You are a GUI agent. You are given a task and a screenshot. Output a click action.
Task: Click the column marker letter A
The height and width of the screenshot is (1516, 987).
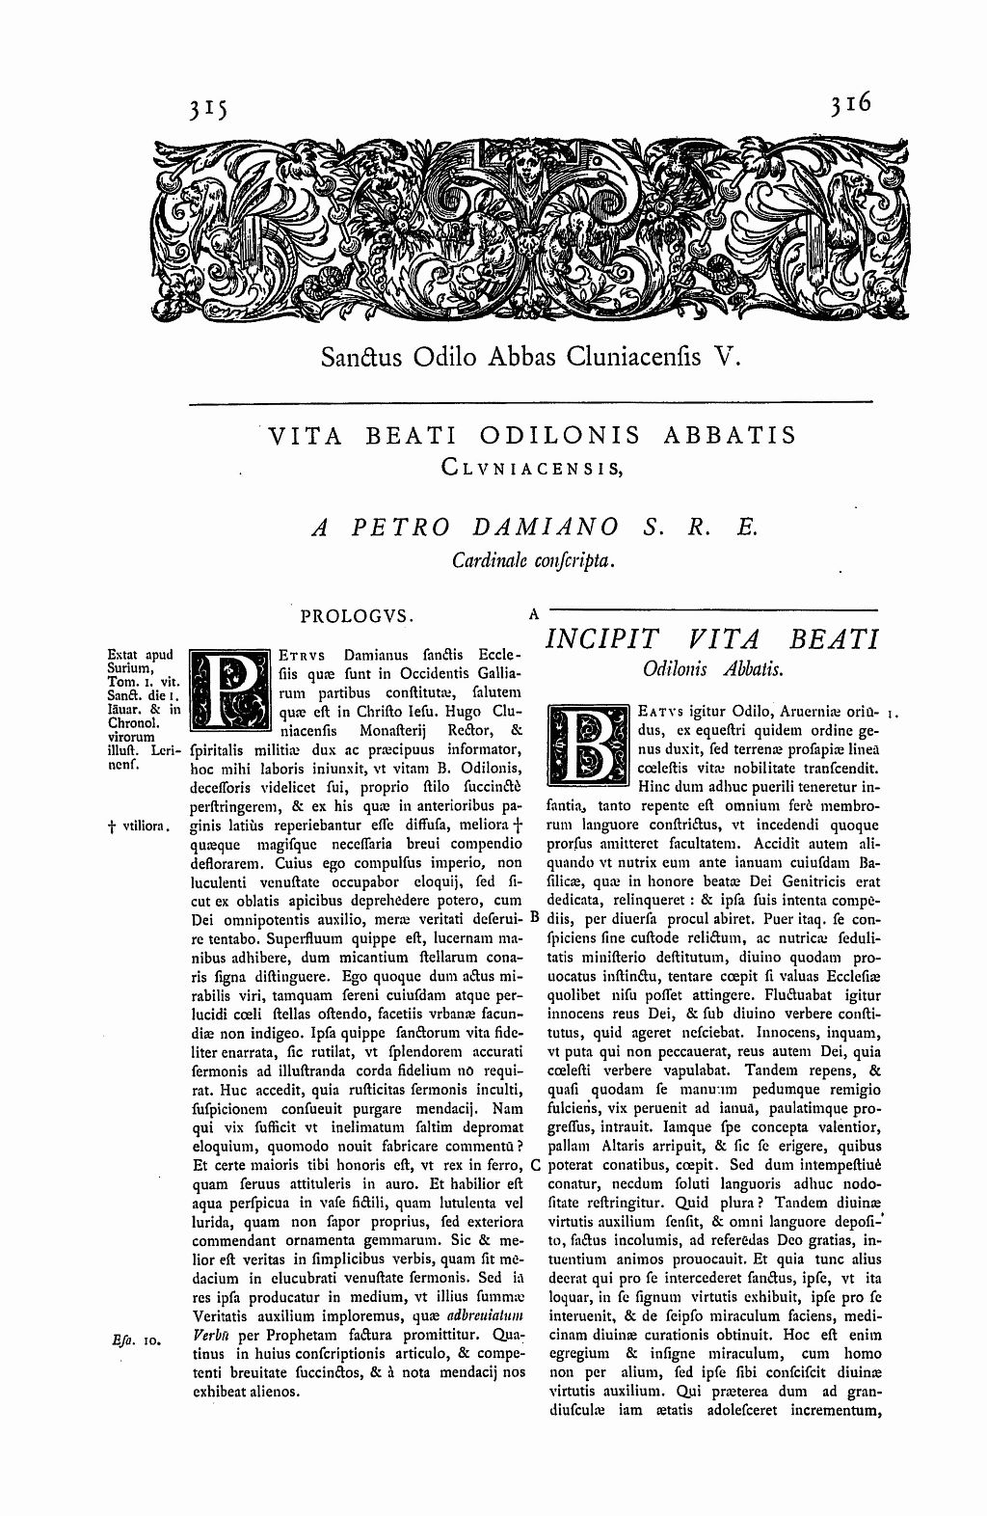coord(533,611)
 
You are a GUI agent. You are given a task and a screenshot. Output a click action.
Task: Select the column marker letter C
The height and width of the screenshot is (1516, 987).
coord(535,1165)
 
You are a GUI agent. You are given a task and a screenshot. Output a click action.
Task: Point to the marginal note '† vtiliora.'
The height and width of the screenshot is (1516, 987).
coord(141,826)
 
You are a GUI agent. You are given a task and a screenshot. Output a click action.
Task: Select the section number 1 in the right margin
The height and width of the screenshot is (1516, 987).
coord(894,715)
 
